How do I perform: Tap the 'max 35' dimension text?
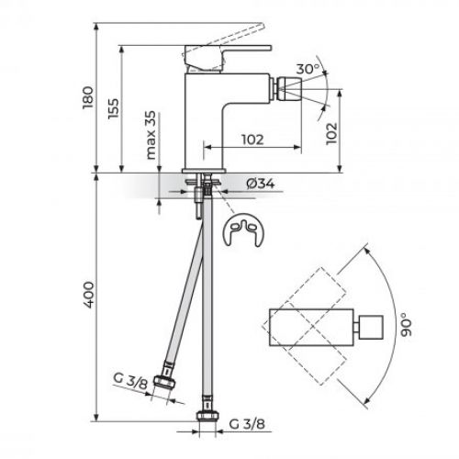click(x=148, y=136)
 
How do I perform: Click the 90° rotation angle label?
click(x=404, y=324)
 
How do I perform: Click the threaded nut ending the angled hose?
click(x=168, y=383)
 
